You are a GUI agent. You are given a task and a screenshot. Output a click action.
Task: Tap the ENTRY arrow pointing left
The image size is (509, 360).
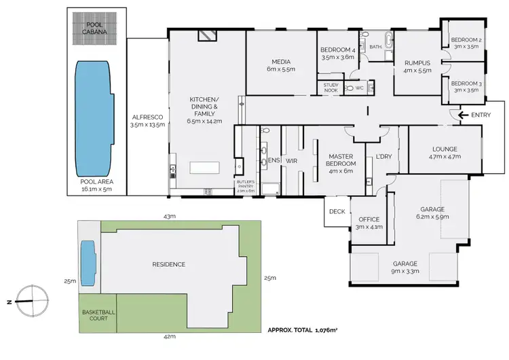point(464,115)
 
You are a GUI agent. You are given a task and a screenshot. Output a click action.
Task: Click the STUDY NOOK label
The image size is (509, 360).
point(331,87)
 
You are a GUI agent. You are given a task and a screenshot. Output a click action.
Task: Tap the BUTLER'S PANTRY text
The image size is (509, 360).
point(245,187)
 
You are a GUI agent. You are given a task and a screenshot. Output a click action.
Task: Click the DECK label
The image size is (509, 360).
point(337,211)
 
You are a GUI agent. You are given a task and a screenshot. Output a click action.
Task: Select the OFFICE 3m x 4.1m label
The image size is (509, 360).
point(369,223)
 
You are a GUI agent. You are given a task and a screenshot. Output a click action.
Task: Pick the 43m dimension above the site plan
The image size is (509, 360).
point(170,215)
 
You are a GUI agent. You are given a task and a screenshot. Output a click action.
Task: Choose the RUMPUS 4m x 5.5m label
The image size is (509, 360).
point(417,65)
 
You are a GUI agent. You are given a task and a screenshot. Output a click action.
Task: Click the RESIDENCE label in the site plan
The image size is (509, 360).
point(168,264)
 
